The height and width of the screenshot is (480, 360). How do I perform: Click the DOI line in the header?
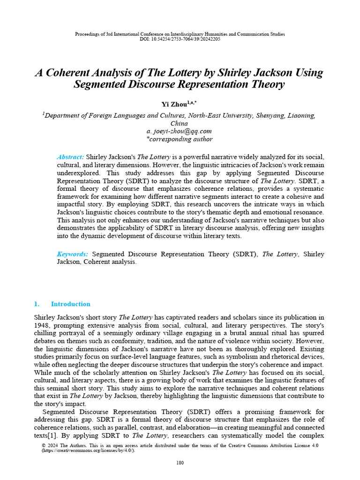pyautogui.click(x=180, y=39)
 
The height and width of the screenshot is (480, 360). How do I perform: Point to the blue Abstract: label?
pyautogui.click(x=70, y=157)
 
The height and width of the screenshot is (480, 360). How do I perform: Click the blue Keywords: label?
pyautogui.click(x=72, y=254)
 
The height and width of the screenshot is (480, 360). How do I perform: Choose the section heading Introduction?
pyautogui.click(x=70, y=304)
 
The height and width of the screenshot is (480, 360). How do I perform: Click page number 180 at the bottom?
pyautogui.click(x=180, y=463)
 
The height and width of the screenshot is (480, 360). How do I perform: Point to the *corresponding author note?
pyautogui.click(x=180, y=139)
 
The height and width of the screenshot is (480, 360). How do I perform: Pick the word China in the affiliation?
pyautogui.click(x=180, y=123)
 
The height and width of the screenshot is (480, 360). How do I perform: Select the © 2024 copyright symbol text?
pyautogui.click(x=51, y=445)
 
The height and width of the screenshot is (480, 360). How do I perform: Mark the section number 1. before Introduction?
pyautogui.click(x=37, y=304)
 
